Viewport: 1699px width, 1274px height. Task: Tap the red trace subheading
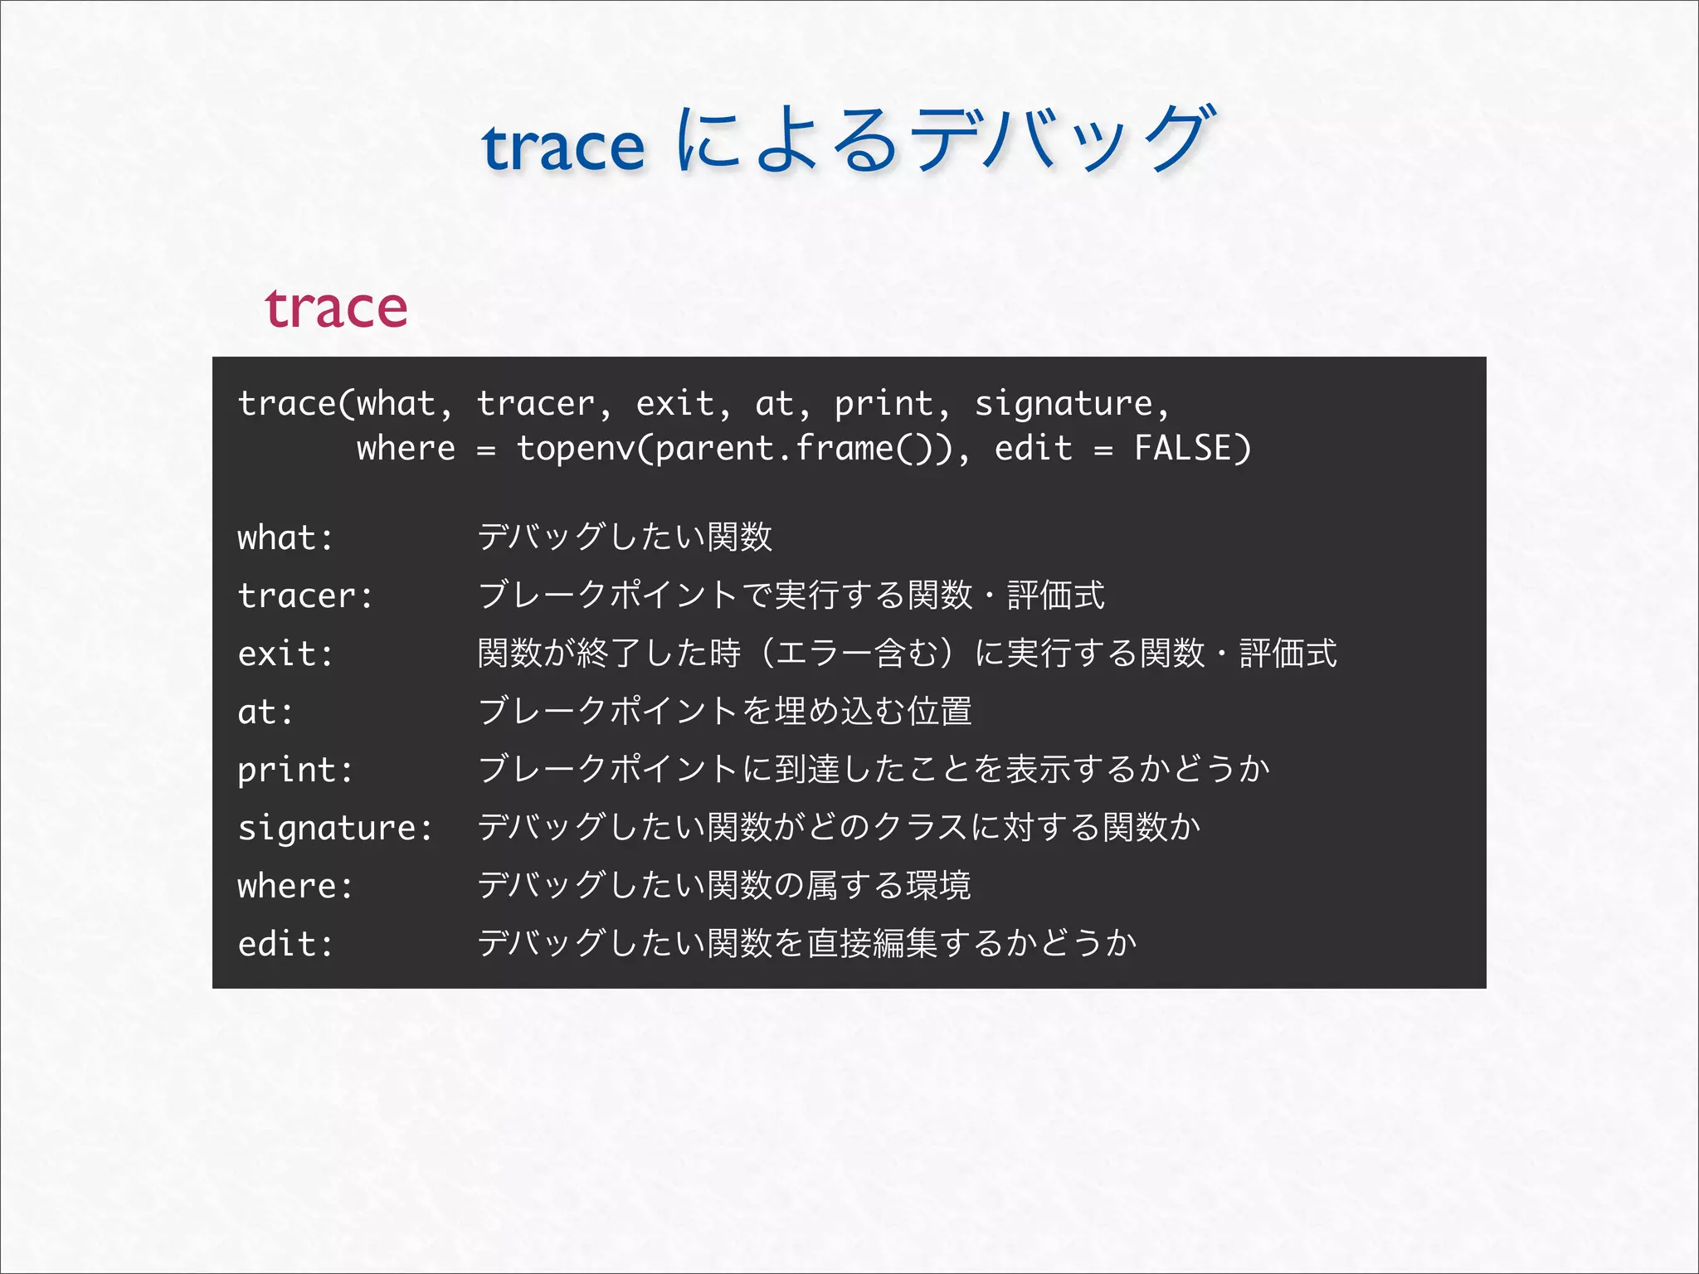coord(336,309)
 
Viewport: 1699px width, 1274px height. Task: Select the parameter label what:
coord(285,538)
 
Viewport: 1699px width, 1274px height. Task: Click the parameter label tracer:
coord(305,596)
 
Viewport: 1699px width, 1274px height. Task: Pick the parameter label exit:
coord(285,654)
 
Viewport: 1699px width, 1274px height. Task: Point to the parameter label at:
coord(265,712)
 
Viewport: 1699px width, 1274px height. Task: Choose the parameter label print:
coord(295,771)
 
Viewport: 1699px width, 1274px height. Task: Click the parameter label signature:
coord(335,829)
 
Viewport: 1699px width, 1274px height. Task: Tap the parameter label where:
coord(295,887)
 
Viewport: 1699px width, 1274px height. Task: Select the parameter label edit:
coord(285,945)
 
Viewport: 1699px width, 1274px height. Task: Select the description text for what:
coord(625,537)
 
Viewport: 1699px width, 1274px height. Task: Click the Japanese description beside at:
coord(724,712)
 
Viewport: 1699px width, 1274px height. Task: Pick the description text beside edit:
coord(806,944)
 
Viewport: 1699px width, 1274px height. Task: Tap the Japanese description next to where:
coord(723,886)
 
